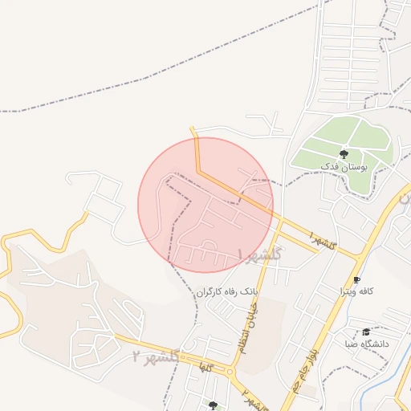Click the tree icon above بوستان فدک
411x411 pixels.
pos(344,153)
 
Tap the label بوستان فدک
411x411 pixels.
pos(343,166)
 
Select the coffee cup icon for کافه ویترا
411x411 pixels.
pos(357,279)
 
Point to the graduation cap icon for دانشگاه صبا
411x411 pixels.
pos(366,332)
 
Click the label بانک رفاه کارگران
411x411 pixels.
pos(229,291)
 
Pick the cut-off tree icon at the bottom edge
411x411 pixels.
pos(213,406)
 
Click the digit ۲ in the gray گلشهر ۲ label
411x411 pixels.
pos(137,354)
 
